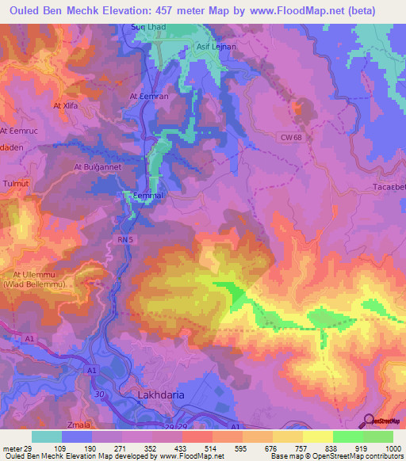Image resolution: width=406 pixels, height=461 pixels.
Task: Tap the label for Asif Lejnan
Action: pos(216,47)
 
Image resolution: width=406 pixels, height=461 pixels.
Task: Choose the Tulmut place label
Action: pos(15,183)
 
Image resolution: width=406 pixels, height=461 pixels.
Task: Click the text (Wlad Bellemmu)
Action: pos(34,283)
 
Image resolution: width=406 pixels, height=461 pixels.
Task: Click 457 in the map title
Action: pos(170,10)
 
